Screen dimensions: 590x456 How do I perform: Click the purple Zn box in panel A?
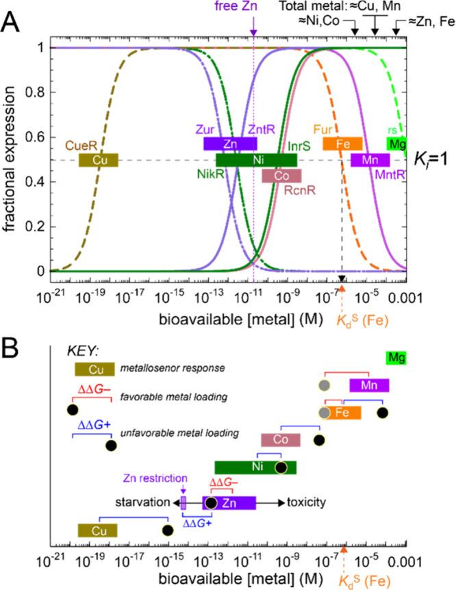pos(230,144)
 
